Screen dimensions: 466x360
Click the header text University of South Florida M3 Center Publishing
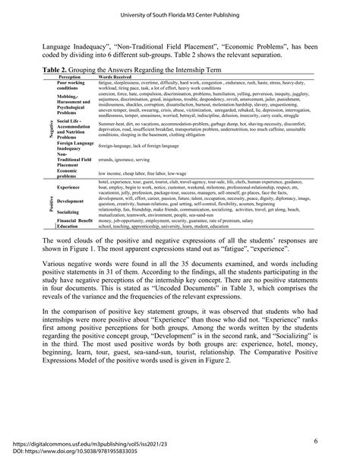(180, 13)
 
